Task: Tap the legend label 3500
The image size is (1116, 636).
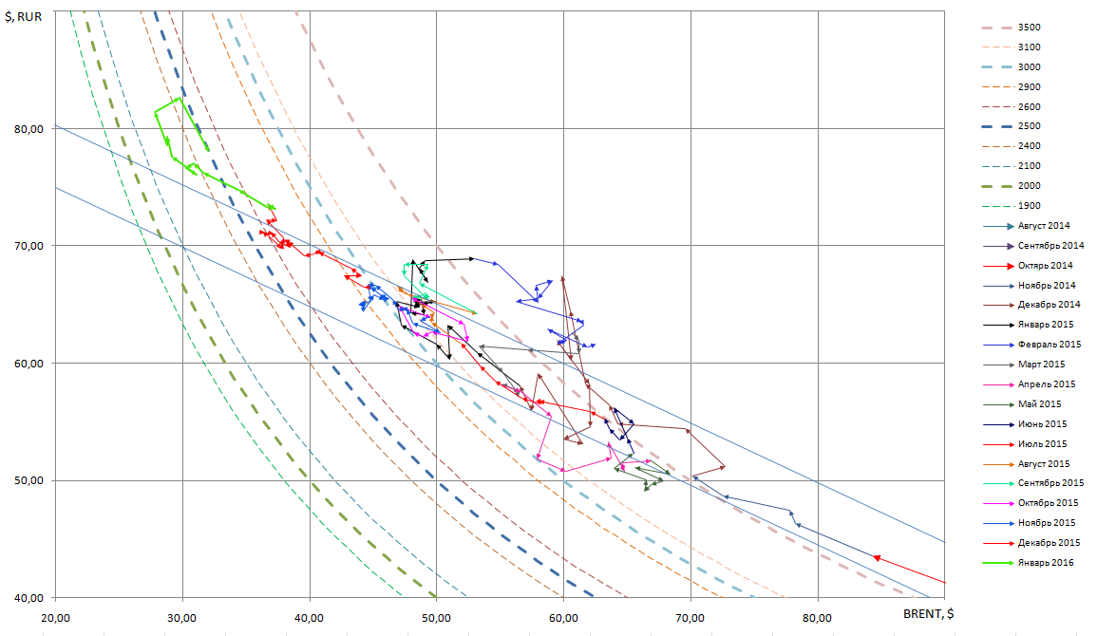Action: point(1029,27)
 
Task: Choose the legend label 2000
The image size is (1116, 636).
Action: point(1029,185)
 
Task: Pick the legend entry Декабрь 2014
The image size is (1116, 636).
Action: point(1045,305)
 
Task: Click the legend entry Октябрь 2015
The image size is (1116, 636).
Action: point(1045,503)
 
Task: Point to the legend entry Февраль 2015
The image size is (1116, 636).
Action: point(1045,345)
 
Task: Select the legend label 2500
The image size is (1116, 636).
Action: point(1029,125)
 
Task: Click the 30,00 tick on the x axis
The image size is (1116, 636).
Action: point(182,618)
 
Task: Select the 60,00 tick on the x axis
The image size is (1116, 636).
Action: point(563,618)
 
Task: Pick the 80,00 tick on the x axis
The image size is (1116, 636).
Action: point(818,618)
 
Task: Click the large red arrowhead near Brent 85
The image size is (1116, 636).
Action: point(878,558)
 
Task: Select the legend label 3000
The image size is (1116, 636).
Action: point(1029,66)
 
